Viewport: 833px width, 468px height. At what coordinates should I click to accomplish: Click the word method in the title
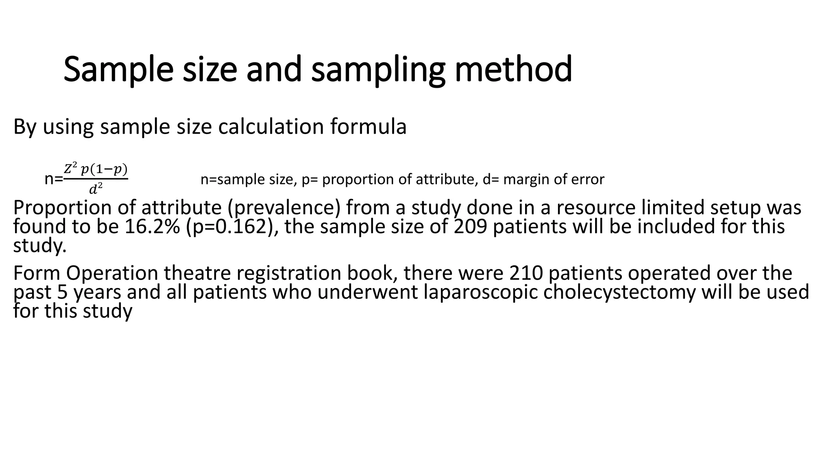(513, 69)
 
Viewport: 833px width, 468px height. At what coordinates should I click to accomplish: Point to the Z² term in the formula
(71, 168)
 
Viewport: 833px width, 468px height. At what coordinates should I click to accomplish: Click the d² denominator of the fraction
(96, 188)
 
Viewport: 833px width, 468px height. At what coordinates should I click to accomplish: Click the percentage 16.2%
(152, 226)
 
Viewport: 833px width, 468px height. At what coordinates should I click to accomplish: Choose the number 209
(470, 226)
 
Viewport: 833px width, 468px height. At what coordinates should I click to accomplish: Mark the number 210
(526, 273)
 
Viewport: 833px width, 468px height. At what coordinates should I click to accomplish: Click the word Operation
(112, 273)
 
